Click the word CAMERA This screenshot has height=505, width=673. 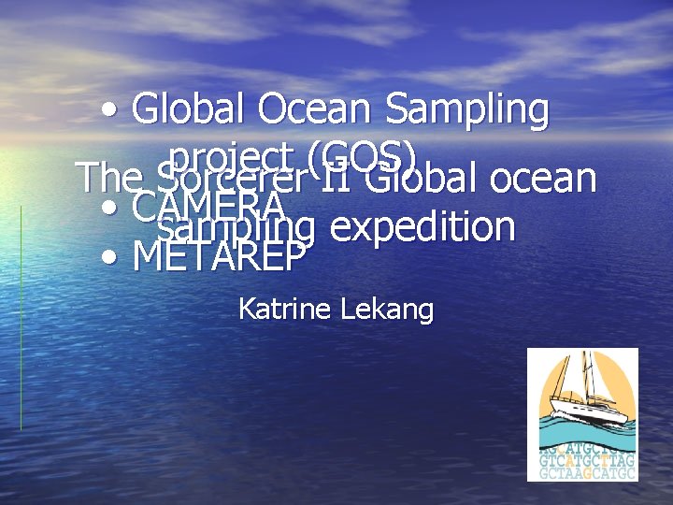point(209,206)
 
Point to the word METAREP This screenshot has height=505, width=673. point(220,255)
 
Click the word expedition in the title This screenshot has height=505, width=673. point(422,227)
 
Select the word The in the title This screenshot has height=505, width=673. point(107,178)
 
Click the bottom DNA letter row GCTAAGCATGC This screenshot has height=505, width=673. point(587,473)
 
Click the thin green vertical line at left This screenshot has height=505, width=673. point(21,318)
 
